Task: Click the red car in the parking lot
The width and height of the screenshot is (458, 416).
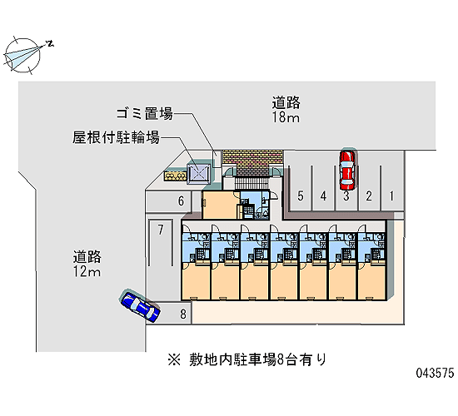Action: point(347,170)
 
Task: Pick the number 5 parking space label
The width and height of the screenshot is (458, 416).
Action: point(301,196)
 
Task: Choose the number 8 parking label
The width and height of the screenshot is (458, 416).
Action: point(183,314)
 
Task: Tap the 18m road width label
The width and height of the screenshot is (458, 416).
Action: point(286,117)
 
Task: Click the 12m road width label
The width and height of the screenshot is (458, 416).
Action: point(87,271)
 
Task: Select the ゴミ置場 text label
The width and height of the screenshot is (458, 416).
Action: point(145,113)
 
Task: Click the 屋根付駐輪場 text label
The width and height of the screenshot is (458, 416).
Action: point(116,137)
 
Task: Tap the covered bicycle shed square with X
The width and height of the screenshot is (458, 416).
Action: point(199,174)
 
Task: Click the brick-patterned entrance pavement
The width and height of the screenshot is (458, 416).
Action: point(252,162)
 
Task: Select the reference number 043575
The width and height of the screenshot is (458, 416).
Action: point(436,373)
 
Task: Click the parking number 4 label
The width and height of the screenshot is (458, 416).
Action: point(323,196)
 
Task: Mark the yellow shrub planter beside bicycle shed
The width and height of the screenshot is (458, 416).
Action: point(175,176)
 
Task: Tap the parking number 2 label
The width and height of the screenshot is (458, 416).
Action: point(369,196)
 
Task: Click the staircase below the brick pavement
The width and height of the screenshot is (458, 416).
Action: point(251,183)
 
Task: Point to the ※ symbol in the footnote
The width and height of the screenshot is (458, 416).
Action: point(174,359)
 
